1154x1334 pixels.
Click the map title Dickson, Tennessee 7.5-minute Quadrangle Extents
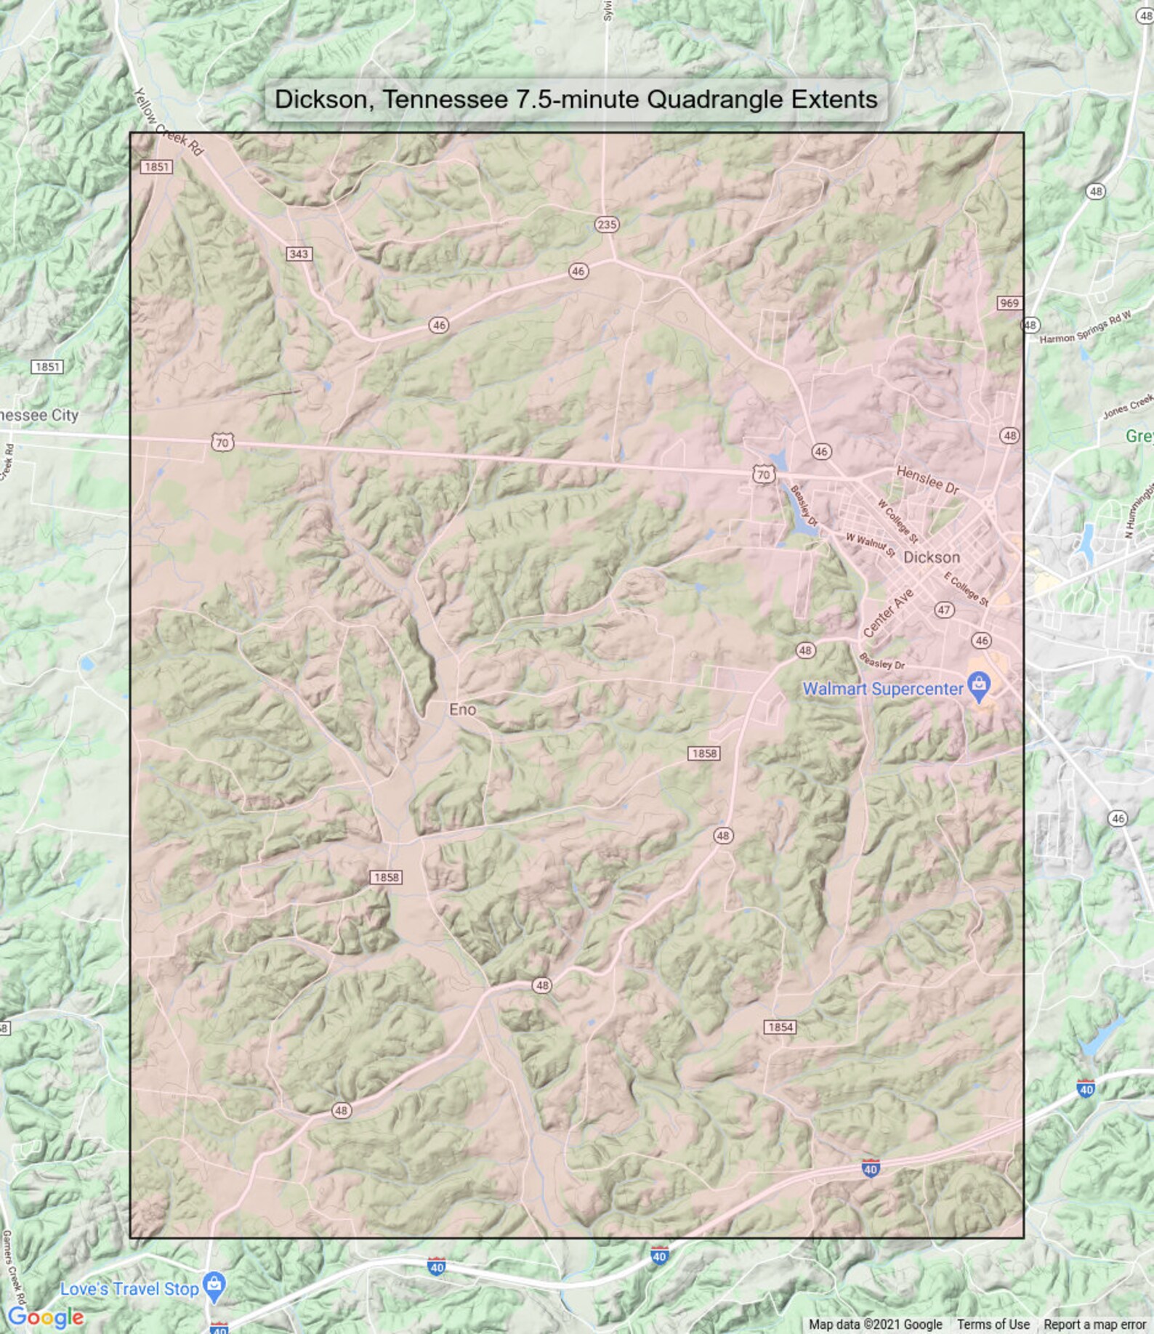[576, 100]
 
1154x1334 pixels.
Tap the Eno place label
[462, 709]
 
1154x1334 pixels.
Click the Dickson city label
[931, 557]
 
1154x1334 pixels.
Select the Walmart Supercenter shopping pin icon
[980, 686]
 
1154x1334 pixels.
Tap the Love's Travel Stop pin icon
[214, 1285]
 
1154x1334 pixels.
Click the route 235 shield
[607, 225]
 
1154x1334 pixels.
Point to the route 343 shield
[299, 254]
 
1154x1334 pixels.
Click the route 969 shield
[1009, 303]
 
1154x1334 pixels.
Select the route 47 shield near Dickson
[943, 610]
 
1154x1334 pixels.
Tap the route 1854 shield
[780, 1027]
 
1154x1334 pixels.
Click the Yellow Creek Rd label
[169, 122]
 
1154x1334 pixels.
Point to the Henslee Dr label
[928, 480]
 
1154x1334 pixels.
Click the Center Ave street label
[887, 614]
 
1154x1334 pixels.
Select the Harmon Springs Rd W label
[1085, 328]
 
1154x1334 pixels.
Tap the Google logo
[45, 1317]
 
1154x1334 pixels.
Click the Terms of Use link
[993, 1325]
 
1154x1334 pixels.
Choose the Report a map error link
[1094, 1325]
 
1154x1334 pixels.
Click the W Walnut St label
[870, 544]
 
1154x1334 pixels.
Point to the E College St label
[966, 589]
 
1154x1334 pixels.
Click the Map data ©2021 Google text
[875, 1325]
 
